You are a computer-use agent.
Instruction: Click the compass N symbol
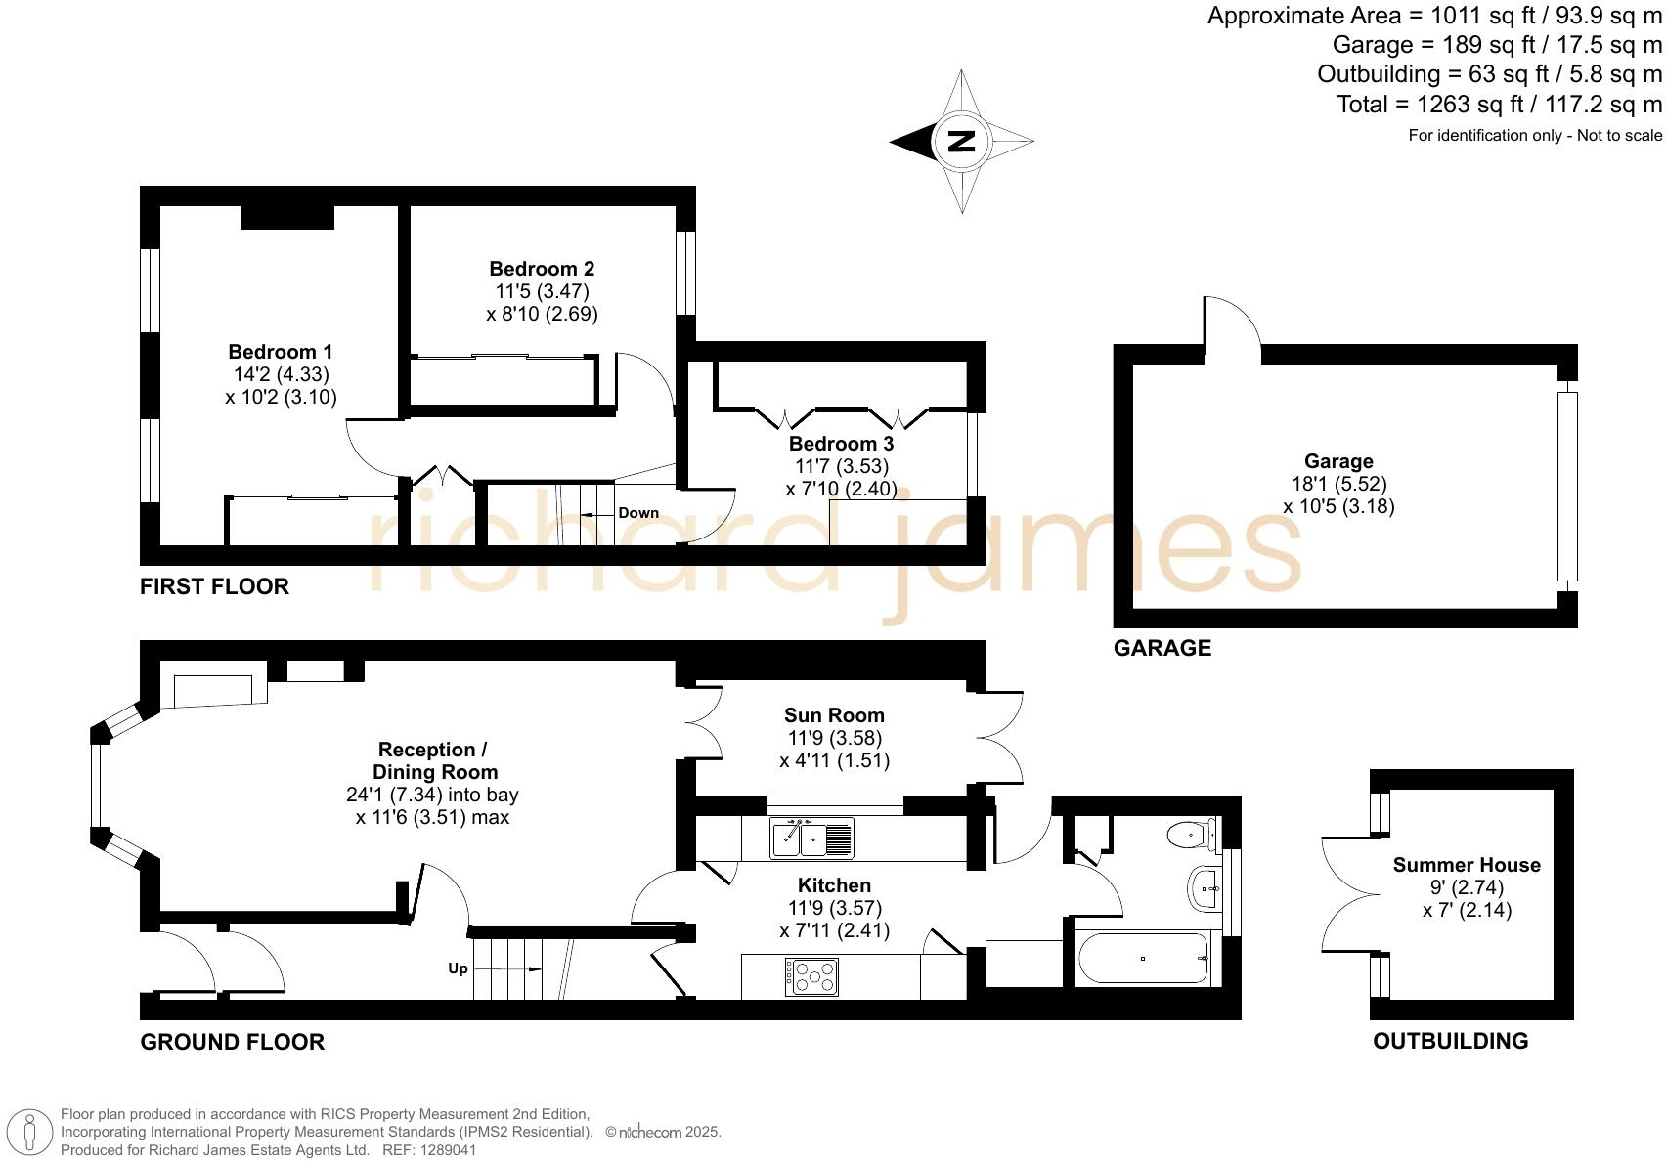(x=962, y=142)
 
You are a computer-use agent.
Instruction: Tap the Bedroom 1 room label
(x=281, y=352)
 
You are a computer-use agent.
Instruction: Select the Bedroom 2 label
(x=542, y=269)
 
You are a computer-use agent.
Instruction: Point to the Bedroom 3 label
(x=841, y=444)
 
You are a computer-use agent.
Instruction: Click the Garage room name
(x=1338, y=461)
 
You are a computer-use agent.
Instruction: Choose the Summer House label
(x=1467, y=865)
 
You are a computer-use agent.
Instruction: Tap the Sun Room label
(x=834, y=715)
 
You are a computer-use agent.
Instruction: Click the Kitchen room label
(x=834, y=885)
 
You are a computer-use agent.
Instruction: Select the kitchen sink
(x=811, y=839)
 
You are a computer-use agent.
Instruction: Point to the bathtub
(x=1143, y=959)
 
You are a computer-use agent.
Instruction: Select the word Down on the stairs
(x=638, y=513)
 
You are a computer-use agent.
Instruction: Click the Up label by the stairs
(x=458, y=968)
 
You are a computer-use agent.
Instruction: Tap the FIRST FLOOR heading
(x=215, y=586)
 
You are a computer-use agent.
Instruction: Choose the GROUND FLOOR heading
(x=233, y=1042)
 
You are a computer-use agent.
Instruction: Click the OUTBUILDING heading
(x=1451, y=1041)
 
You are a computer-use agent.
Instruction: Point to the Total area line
(x=1499, y=105)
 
